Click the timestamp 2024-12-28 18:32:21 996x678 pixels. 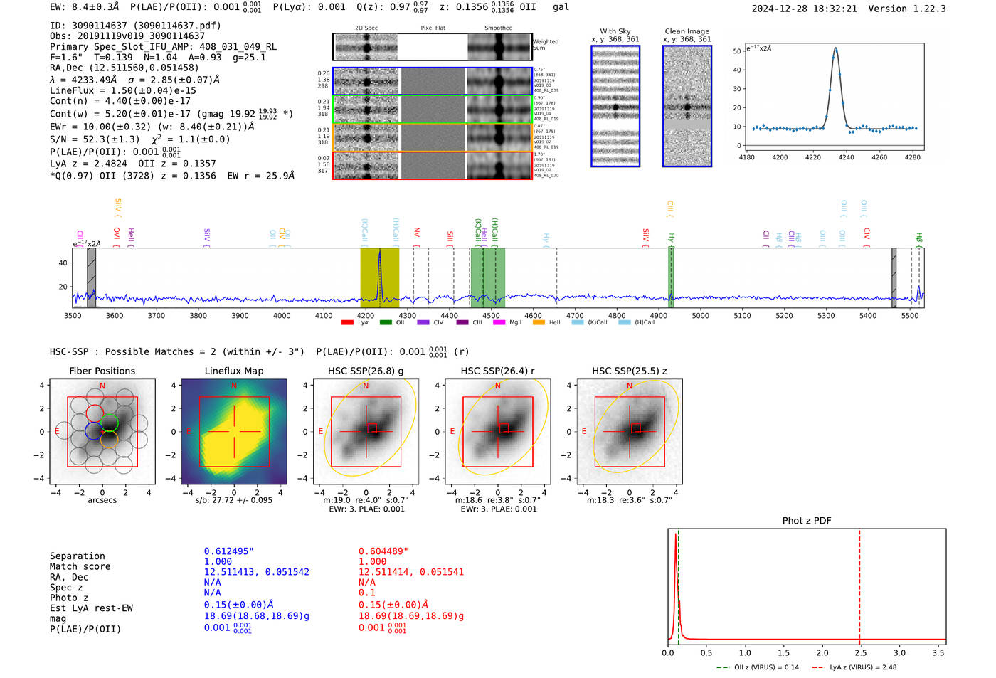[x=804, y=9]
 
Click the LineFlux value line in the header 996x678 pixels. [x=122, y=90]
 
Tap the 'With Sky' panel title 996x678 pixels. [x=615, y=31]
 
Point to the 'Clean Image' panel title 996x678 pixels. [x=687, y=31]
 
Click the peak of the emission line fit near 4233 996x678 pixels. [x=835, y=48]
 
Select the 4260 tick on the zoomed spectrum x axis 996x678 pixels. [x=879, y=157]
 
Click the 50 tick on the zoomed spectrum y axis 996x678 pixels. [x=737, y=51]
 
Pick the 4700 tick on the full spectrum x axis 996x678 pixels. [x=575, y=316]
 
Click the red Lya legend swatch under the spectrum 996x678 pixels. [x=347, y=322]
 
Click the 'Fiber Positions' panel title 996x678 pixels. [x=102, y=371]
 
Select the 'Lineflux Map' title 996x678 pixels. [x=233, y=371]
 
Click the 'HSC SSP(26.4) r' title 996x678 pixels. [x=497, y=371]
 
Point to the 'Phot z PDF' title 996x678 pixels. [x=807, y=520]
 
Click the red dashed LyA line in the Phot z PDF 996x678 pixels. [x=859, y=583]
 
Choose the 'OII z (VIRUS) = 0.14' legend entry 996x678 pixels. [x=758, y=667]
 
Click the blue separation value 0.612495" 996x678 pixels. [x=228, y=551]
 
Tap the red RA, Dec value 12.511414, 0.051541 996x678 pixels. [x=410, y=572]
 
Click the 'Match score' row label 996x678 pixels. [x=80, y=566]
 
